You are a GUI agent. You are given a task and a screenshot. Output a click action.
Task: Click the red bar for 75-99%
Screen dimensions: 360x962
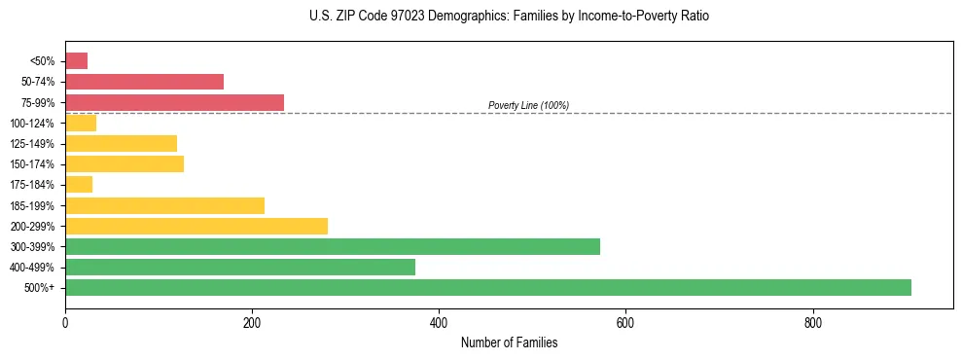tap(175, 102)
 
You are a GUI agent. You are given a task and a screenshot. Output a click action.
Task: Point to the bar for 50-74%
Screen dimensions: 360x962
tap(145, 82)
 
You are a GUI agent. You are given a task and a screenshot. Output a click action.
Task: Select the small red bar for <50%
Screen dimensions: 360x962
tap(77, 61)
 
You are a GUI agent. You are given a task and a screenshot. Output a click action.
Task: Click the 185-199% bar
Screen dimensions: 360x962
tap(165, 205)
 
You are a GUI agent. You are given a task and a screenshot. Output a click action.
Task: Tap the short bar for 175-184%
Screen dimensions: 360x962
tap(79, 185)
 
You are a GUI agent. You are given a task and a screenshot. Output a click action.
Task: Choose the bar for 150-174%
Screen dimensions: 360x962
tap(125, 163)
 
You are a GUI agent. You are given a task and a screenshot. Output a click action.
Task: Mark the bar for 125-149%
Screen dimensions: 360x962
tap(122, 143)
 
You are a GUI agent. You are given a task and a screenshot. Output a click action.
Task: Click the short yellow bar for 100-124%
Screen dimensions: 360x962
tap(81, 123)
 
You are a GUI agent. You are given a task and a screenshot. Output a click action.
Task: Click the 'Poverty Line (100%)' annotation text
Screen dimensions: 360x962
tap(528, 105)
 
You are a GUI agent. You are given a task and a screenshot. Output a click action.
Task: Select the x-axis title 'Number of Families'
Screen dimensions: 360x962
tap(509, 342)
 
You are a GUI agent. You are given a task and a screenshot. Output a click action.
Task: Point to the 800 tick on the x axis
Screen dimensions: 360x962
tap(812, 321)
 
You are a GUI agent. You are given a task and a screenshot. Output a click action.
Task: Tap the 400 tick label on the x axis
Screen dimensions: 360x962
tap(439, 321)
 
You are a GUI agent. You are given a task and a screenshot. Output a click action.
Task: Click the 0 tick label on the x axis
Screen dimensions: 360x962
tap(65, 321)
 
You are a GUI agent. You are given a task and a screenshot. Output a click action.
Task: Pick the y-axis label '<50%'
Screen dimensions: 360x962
tap(44, 61)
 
